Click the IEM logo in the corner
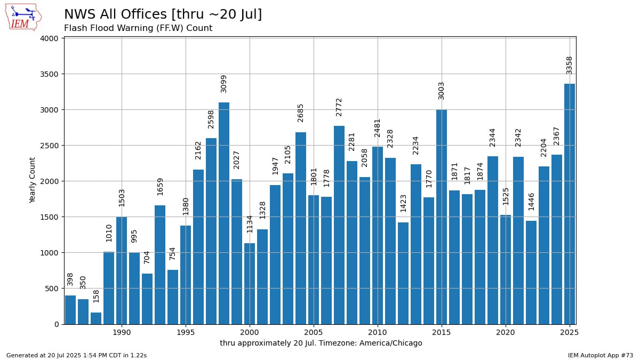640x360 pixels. (23, 17)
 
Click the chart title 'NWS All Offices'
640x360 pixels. (163, 14)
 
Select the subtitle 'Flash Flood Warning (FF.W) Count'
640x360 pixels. (138, 28)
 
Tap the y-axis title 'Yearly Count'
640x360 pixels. (33, 180)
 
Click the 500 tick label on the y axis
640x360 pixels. (51, 289)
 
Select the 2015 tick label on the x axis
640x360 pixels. (442, 332)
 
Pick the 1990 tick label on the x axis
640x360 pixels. (122, 332)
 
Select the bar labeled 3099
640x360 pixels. (224, 213)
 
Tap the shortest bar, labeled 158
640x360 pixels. (96, 318)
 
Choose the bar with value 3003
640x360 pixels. (442, 217)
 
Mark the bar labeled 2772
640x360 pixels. (339, 225)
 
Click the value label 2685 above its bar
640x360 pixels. (301, 113)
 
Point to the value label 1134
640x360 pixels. (250, 223)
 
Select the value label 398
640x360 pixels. (70, 279)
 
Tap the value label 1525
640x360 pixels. (506, 196)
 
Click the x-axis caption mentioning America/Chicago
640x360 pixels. (321, 343)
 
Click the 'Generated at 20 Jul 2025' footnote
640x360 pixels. (76, 355)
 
